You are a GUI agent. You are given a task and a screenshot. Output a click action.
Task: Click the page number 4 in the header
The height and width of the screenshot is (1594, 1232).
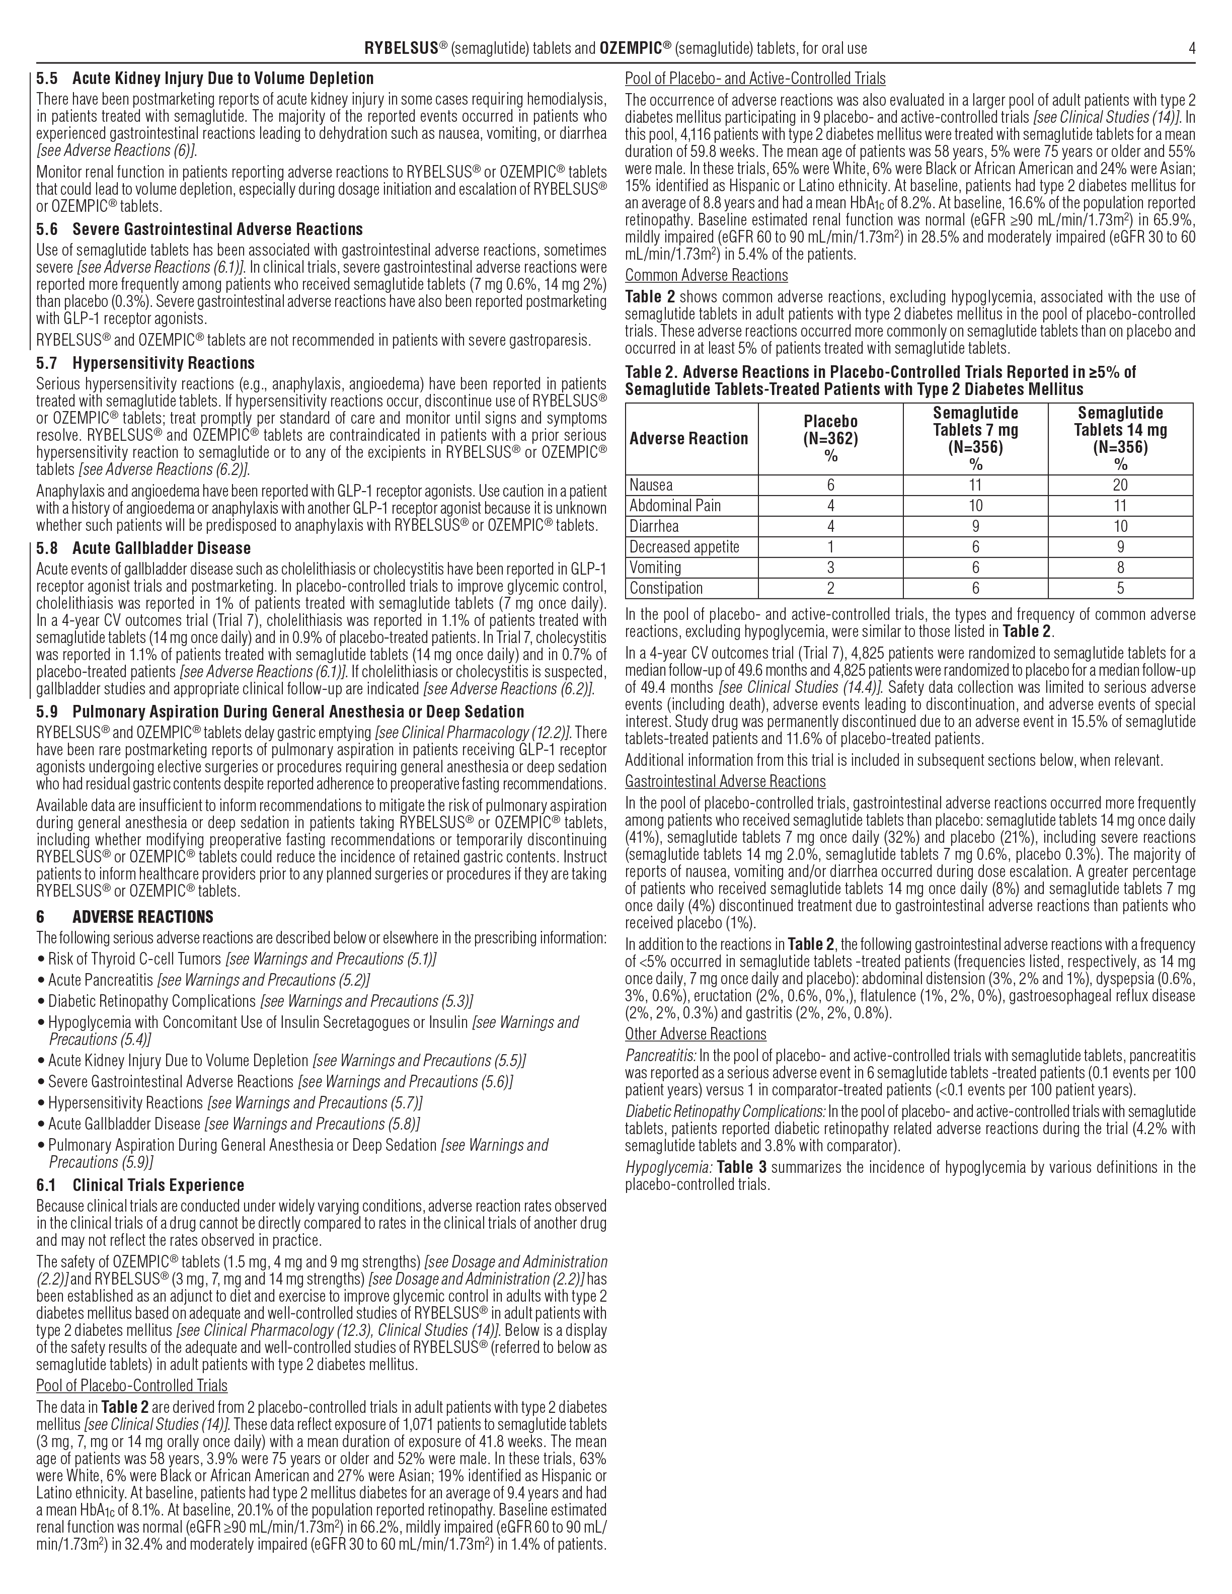pos(1191,49)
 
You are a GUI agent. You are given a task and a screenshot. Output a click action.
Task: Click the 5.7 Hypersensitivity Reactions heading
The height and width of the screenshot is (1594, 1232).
pos(145,363)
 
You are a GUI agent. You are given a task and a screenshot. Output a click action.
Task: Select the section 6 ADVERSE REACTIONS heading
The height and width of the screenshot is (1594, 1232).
pos(125,917)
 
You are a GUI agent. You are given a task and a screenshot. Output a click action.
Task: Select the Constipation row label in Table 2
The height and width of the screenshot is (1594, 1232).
pos(666,588)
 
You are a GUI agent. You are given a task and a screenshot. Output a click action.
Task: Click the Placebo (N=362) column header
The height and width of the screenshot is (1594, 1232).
pos(830,439)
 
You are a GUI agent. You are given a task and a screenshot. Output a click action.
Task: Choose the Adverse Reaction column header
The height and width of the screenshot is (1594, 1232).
pos(688,439)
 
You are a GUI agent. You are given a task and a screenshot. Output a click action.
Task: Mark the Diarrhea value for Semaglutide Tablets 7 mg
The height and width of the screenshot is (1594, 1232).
pos(975,526)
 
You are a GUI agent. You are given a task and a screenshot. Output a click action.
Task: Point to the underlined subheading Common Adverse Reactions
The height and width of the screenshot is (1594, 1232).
pos(706,275)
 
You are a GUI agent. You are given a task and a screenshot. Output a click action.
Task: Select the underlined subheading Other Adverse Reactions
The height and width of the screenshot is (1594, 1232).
pos(695,1033)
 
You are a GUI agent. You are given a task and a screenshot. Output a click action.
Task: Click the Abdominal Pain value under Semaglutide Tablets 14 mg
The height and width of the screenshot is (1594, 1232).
pos(1120,506)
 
